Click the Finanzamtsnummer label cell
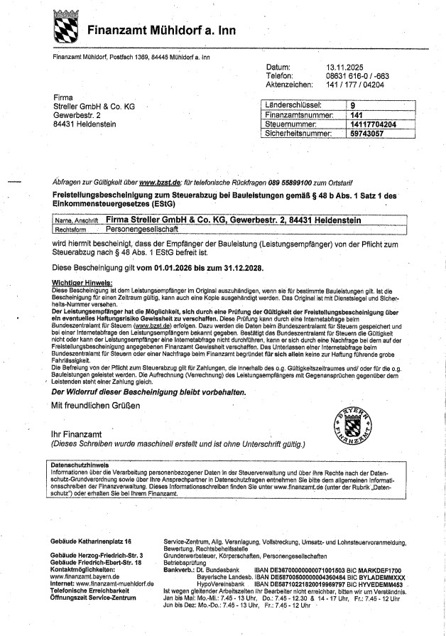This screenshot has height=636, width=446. click(298, 114)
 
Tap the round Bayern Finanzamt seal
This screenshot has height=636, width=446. click(347, 426)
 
